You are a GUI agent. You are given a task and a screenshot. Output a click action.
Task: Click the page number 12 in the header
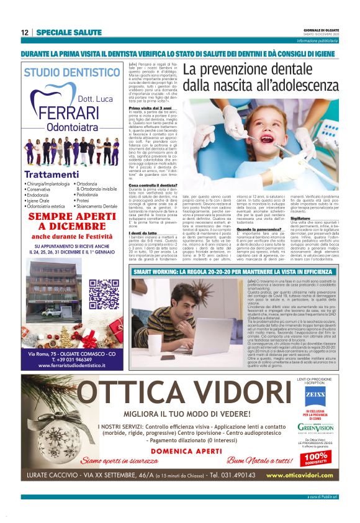tap(24, 32)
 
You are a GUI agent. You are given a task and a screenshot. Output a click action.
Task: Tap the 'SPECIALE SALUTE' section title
tap(69, 32)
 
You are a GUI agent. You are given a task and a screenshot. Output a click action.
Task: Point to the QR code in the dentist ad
tap(104, 295)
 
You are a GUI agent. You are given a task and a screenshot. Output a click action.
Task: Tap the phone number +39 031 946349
tap(68, 360)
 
